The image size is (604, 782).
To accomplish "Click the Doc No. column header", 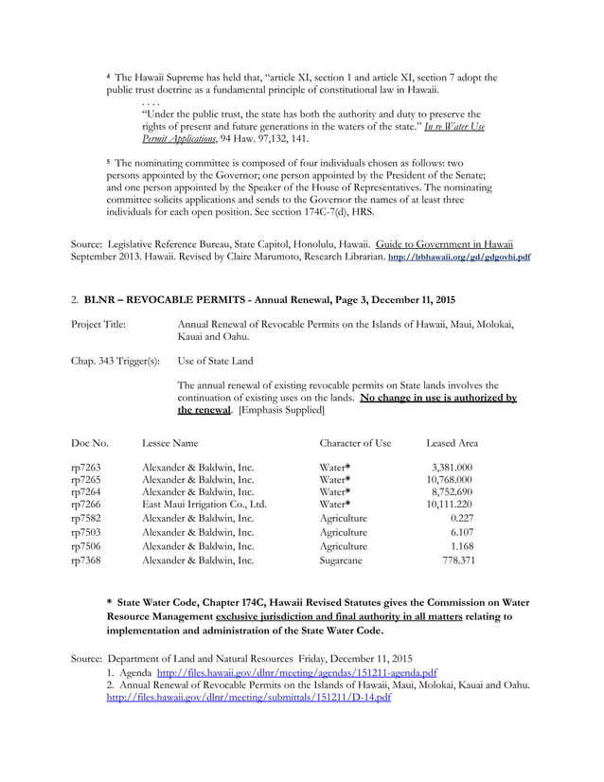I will point(90,442).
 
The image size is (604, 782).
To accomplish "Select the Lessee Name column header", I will point(170,442).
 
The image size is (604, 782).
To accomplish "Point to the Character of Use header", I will point(355,442).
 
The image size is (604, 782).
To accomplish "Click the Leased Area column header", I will point(452,442).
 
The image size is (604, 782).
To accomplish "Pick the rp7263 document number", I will point(86,467).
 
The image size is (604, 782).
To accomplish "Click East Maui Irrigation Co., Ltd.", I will point(204,505).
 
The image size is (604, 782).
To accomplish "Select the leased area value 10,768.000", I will point(450,480).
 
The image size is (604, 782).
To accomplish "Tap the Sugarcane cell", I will point(343,560).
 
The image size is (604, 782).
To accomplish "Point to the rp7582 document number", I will point(86,519).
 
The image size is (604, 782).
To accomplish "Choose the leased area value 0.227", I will point(462,519).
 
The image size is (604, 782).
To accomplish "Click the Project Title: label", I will point(98,325).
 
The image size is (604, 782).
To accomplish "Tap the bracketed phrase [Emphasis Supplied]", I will point(281,411).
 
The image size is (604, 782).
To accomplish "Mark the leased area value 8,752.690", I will point(452,492).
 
